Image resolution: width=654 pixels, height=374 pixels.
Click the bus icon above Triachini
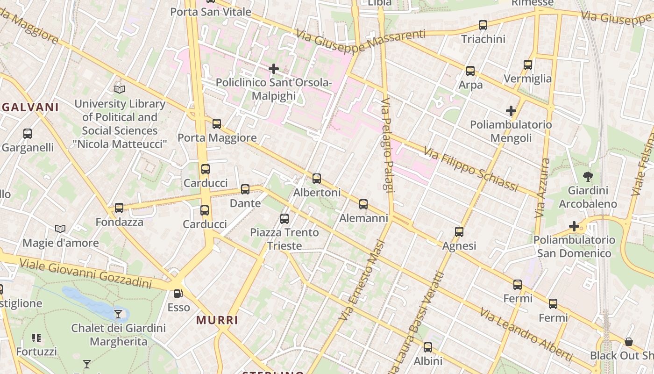[x=483, y=25]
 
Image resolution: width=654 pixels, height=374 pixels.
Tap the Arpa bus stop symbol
[x=470, y=71]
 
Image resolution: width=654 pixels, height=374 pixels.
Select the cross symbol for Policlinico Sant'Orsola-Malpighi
[x=274, y=69]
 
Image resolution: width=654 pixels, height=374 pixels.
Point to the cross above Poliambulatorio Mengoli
[x=511, y=111]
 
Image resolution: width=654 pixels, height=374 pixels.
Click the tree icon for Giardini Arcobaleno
[x=588, y=177]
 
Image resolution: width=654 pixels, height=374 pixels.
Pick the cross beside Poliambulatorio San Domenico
[x=574, y=227]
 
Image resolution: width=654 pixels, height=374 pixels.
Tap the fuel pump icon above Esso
[x=178, y=294]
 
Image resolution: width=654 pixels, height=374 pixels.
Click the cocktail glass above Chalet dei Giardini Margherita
[x=118, y=314]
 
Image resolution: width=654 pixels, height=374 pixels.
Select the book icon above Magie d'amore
[x=60, y=229]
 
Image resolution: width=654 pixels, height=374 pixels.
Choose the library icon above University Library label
[x=120, y=89]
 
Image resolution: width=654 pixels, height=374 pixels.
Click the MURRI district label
[x=217, y=320]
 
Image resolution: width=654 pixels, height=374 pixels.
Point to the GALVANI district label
[x=30, y=107]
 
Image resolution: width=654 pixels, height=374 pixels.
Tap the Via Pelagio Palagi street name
[x=387, y=144]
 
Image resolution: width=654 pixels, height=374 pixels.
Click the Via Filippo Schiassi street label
[x=471, y=169]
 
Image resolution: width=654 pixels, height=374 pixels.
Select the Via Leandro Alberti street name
[x=526, y=334]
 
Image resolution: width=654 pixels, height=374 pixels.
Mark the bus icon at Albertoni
[x=317, y=179]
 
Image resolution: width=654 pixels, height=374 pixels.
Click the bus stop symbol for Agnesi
[x=459, y=232]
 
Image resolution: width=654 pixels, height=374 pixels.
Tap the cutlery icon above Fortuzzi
[x=36, y=338]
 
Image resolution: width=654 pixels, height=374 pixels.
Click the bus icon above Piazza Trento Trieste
[x=284, y=218]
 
